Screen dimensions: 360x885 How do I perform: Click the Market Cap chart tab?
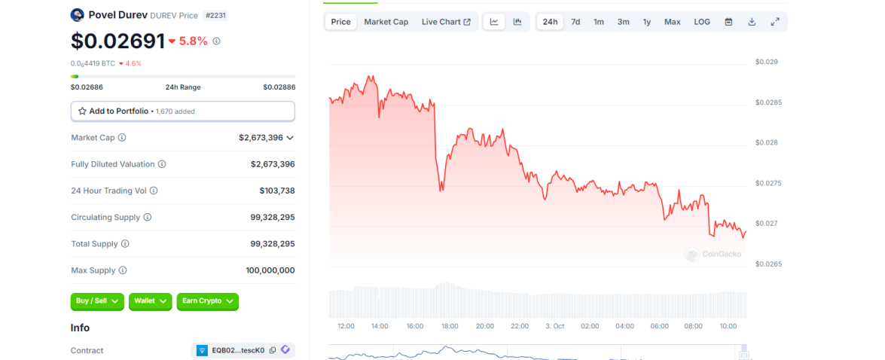point(386,22)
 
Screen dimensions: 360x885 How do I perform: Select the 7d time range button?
point(575,22)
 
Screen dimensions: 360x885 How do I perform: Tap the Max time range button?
point(672,22)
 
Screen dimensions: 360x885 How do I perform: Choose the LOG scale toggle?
point(702,22)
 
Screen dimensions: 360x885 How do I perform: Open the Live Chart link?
point(446,22)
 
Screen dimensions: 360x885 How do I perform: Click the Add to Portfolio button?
point(182,111)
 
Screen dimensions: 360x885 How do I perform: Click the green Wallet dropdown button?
point(150,301)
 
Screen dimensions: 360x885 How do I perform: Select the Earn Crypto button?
point(207,301)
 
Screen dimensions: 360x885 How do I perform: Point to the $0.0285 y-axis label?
point(768,102)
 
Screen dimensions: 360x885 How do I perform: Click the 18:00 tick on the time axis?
point(450,326)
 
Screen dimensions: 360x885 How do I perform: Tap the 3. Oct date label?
point(554,326)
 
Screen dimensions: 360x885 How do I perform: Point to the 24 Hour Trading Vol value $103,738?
point(276,191)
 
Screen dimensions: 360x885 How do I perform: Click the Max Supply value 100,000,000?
point(270,270)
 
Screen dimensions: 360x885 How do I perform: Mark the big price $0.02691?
point(117,41)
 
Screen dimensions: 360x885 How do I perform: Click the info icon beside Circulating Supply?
point(148,218)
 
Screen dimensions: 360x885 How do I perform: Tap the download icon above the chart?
point(752,22)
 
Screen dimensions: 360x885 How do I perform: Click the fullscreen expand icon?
point(775,22)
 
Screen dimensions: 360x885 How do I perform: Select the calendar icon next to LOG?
point(728,22)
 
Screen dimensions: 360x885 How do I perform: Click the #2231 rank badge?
point(216,15)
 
